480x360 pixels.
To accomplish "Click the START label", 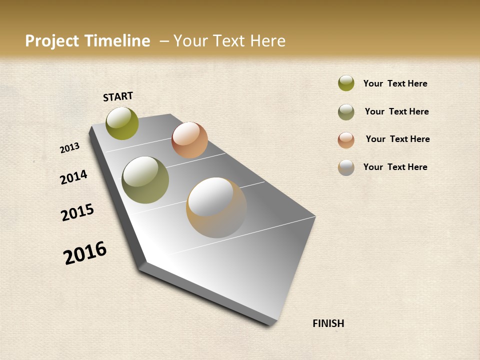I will coord(118,96).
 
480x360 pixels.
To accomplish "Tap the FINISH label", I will coord(328,323).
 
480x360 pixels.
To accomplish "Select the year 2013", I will coord(70,148).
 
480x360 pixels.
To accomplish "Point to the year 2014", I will coord(74,177).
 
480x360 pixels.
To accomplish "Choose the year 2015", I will coord(77,212).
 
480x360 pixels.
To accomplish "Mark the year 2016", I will coord(85,252).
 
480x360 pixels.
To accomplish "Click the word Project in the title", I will coord(52,41).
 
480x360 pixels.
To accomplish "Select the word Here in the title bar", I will coord(267,41).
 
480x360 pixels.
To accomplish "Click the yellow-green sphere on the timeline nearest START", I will coord(122,123).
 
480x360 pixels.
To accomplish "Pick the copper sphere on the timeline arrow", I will coord(189,140).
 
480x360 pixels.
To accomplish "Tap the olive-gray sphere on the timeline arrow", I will coord(145,180).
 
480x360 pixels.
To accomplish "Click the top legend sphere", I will coord(346,83).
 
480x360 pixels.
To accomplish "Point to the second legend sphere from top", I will coord(346,112).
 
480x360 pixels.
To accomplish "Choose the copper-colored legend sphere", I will coord(346,140).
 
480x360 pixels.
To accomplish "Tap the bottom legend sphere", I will coord(346,167).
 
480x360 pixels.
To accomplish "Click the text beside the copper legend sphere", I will coord(397,139).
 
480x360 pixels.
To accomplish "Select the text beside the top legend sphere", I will coord(395,83).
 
